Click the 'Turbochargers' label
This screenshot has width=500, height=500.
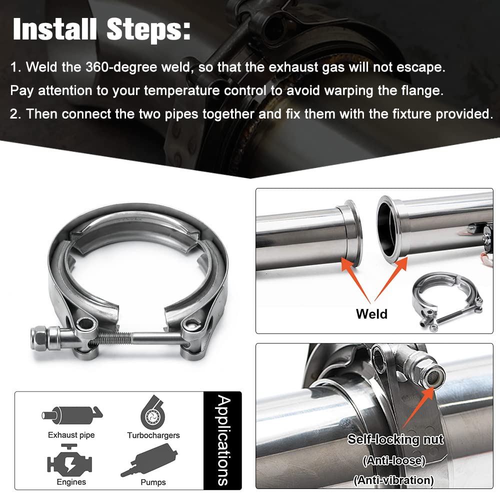point(153,435)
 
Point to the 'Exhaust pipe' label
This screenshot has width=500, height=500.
point(71,435)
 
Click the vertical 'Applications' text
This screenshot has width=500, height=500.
point(223,440)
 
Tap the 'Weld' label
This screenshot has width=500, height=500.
point(371,314)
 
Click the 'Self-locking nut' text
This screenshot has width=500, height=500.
point(395,440)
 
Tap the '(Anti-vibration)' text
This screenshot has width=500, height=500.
point(393,480)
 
